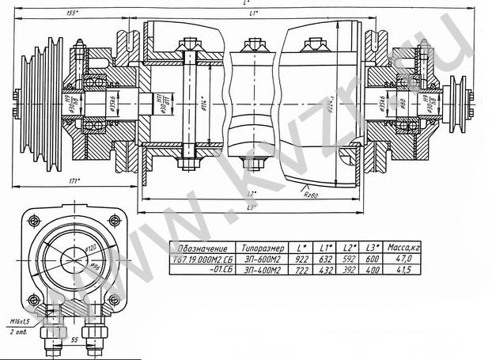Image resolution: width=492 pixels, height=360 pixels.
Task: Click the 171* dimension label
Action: pyautogui.click(x=74, y=182)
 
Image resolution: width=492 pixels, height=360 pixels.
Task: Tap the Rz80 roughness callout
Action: pyautogui.click(x=314, y=190)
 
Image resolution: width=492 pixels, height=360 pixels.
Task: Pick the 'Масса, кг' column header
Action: pyautogui.click(x=403, y=248)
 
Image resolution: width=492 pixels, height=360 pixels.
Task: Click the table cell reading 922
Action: pyautogui.click(x=304, y=259)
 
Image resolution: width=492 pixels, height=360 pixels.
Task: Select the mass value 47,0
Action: pyautogui.click(x=403, y=259)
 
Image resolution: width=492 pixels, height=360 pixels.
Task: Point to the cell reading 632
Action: pyautogui.click(x=326, y=259)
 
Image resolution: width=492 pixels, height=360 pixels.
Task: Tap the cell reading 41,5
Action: pyautogui.click(x=403, y=269)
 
